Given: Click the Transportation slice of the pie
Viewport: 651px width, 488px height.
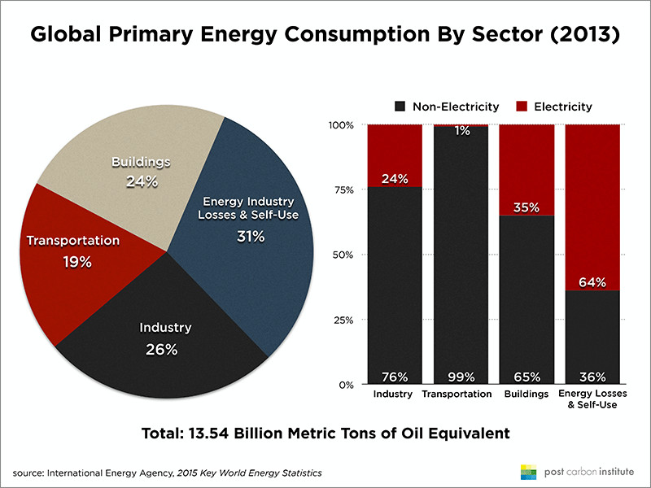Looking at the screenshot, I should (x=61, y=252).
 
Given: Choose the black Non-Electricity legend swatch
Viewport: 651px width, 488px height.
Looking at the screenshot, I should (x=400, y=107).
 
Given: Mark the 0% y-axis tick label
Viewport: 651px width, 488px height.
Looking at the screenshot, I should (x=345, y=385).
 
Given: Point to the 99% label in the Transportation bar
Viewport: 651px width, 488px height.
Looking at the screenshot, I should (x=460, y=377).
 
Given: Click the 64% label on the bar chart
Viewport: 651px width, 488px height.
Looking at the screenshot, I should (x=592, y=282).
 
